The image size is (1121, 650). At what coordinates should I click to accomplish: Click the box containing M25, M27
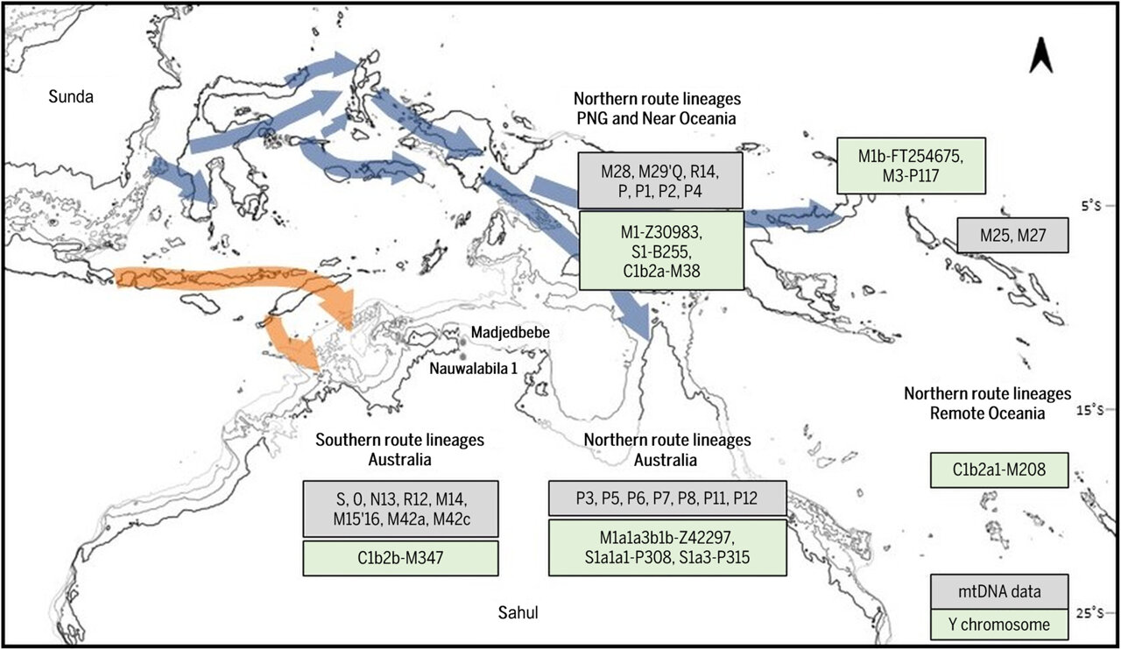coord(1012,235)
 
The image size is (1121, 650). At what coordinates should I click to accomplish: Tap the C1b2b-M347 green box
coord(399,557)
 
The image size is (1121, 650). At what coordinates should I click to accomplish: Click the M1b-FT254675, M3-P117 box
coord(911,165)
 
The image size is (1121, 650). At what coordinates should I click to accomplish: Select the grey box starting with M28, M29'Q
coord(660,180)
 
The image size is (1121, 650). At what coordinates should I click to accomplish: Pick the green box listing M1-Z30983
coord(660,249)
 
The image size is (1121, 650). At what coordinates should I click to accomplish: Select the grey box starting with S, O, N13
coord(399,508)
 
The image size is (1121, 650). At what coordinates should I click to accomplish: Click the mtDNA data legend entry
coord(999,592)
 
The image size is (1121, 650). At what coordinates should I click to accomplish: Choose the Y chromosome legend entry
coord(999,624)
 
